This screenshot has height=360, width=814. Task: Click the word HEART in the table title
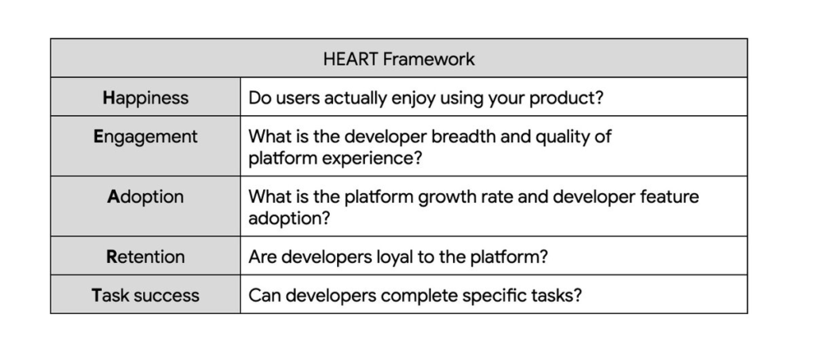[349, 59]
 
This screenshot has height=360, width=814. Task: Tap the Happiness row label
[145, 98]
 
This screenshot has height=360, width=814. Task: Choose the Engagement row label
[145, 137]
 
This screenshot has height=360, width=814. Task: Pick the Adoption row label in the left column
[145, 197]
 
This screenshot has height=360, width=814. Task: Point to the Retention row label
[145, 257]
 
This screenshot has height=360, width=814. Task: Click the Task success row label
[145, 296]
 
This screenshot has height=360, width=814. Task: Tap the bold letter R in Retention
[111, 257]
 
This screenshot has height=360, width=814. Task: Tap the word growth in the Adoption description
[436, 197]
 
